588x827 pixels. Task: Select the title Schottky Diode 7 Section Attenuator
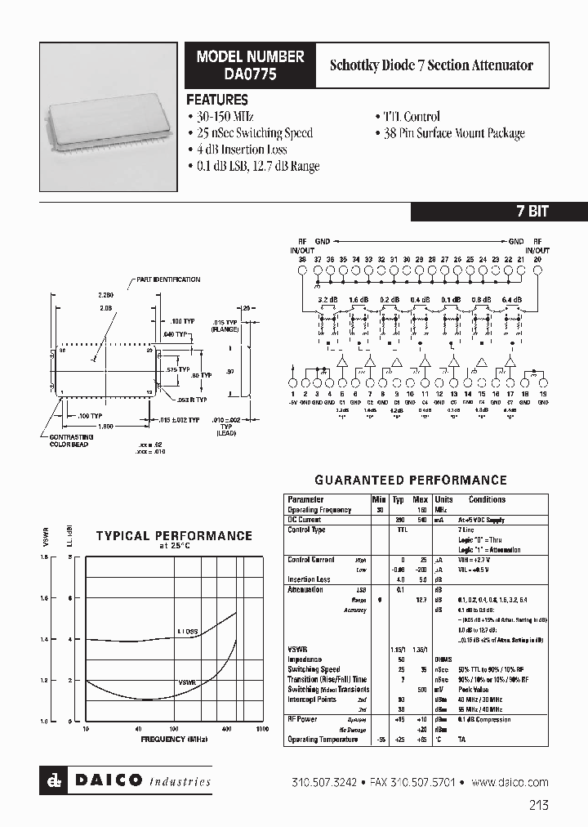[x=430, y=65]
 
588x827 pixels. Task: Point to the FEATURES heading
[x=217, y=100]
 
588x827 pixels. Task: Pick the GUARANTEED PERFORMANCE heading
[x=411, y=481]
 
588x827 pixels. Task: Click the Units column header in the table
[x=443, y=499]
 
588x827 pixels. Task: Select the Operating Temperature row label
[x=323, y=740]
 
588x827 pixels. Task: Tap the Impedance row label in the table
[x=305, y=659]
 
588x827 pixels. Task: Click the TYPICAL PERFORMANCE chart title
[x=174, y=536]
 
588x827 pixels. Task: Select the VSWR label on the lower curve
[x=188, y=681]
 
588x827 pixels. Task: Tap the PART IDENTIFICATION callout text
[x=168, y=279]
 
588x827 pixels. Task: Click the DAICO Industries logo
[x=127, y=780]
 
